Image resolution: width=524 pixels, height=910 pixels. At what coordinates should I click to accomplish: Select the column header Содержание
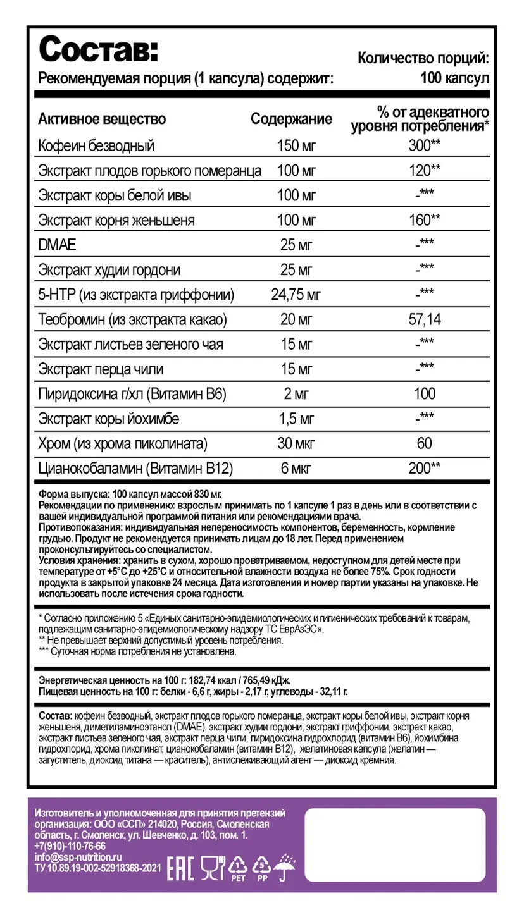[291, 119]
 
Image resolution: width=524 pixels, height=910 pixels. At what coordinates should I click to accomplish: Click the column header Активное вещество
[102, 119]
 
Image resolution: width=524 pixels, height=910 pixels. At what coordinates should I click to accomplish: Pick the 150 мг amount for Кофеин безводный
[296, 146]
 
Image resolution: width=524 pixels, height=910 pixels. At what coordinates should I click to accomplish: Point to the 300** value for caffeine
[425, 146]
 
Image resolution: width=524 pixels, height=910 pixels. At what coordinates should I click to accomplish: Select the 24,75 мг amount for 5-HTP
[296, 294]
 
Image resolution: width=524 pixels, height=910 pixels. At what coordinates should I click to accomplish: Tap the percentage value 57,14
[425, 319]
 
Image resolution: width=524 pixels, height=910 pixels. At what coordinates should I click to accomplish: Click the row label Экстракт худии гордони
[109, 270]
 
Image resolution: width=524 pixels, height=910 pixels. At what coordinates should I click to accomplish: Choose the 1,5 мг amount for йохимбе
[296, 418]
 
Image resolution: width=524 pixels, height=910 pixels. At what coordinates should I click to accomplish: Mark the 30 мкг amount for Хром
[296, 443]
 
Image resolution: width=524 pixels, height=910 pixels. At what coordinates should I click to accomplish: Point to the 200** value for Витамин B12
[425, 468]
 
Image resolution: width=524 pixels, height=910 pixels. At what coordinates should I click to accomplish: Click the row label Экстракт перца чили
[101, 369]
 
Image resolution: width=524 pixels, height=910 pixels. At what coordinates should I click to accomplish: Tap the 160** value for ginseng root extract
[425, 220]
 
